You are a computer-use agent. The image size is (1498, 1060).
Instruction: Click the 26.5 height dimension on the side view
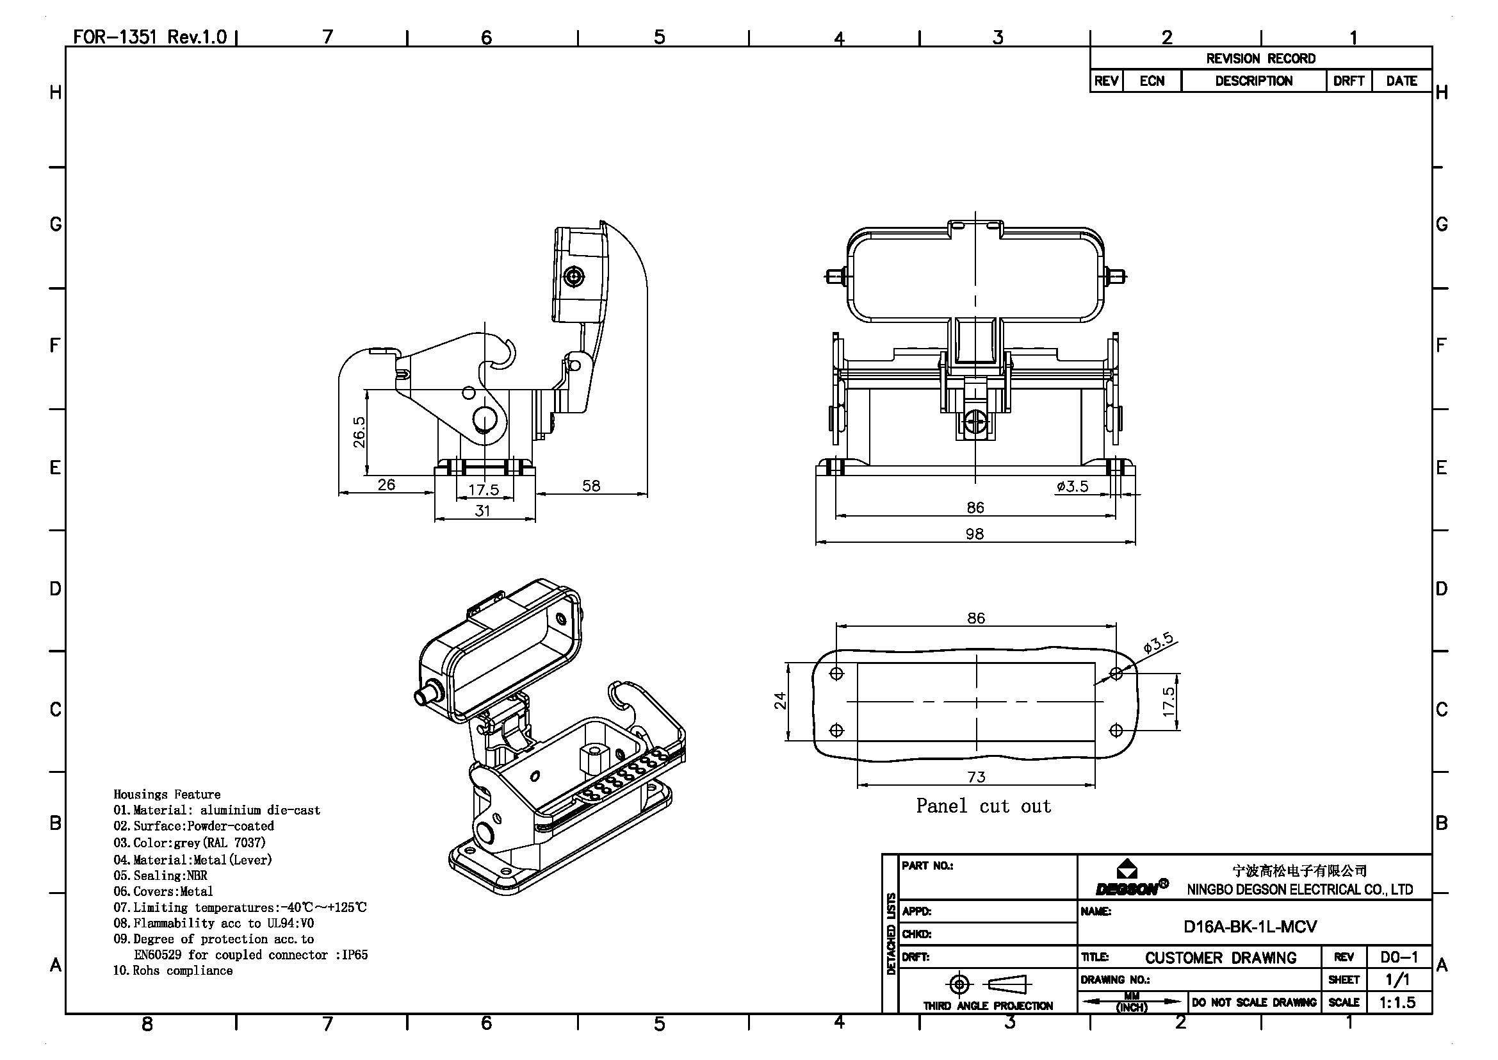point(359,432)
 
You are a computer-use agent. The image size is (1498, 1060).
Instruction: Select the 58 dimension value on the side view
point(590,486)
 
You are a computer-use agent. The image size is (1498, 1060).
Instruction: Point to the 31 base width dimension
point(482,510)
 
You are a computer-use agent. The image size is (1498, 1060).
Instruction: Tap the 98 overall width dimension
point(974,534)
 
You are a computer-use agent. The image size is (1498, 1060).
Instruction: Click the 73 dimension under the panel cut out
point(976,777)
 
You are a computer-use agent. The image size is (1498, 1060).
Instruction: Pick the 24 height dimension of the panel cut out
point(780,701)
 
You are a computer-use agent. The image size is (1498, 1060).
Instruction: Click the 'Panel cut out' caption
point(983,806)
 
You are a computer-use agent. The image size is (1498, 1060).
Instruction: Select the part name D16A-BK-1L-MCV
point(1250,927)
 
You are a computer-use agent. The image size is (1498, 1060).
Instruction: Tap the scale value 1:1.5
point(1397,1002)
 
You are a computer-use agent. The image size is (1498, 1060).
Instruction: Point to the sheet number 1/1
point(1397,980)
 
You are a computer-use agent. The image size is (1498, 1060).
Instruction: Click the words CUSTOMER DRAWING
point(1221,958)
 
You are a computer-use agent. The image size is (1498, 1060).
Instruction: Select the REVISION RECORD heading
point(1260,59)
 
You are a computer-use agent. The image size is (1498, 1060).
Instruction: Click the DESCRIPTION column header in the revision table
point(1253,81)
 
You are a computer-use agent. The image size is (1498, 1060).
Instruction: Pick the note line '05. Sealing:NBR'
point(161,876)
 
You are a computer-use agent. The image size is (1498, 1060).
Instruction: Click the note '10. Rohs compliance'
point(173,970)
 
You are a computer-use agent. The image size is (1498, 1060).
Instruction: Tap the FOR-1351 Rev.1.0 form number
point(149,37)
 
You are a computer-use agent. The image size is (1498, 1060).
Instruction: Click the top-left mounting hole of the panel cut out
point(837,674)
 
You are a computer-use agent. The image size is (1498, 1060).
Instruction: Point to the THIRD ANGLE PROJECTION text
point(988,1006)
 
